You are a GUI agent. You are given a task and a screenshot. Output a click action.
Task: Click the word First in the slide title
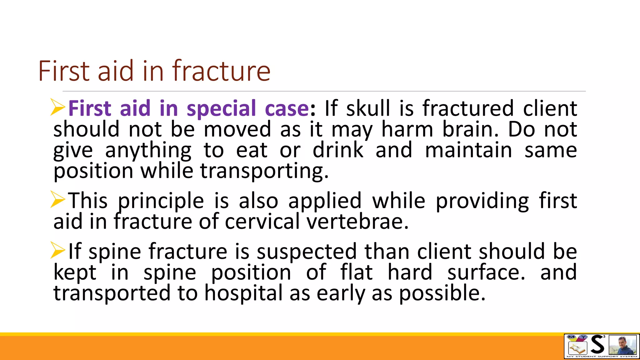point(64,71)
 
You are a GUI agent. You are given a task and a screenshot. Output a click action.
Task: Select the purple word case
point(287,109)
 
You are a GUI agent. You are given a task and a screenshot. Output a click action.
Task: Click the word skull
point(368,109)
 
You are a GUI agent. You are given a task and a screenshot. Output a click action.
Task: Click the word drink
point(338,150)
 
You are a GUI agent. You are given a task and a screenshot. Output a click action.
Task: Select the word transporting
point(264,171)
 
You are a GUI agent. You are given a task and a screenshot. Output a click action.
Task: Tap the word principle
point(161,201)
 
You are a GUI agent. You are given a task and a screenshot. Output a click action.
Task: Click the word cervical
point(262,222)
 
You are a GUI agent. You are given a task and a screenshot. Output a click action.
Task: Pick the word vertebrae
point(357,222)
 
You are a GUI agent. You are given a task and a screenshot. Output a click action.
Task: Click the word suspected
point(307,252)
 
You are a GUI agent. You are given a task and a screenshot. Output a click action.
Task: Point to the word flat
point(356,272)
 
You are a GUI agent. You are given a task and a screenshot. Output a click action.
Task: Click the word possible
point(442,293)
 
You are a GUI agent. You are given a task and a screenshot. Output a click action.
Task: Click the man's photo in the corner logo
point(622,345)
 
